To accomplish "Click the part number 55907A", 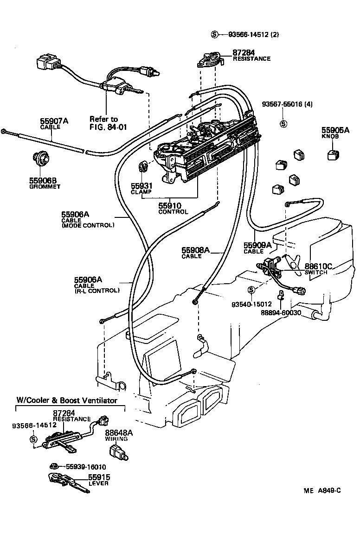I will pyautogui.click(x=54, y=121).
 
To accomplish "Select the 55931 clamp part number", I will pyautogui.click(x=142, y=185).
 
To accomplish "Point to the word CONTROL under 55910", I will pyautogui.click(x=173, y=212).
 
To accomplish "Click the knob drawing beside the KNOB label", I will pyautogui.click(x=332, y=155).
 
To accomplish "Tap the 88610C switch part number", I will pyautogui.click(x=319, y=267).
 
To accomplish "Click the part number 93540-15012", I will pyautogui.click(x=251, y=304).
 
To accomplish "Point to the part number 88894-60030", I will pyautogui.click(x=281, y=312).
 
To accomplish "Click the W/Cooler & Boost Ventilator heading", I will pyautogui.click(x=67, y=400).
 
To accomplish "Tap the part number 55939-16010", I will pyautogui.click(x=85, y=467).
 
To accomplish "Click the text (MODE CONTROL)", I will pyautogui.click(x=88, y=225).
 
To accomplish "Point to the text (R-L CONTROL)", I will pyautogui.click(x=96, y=291).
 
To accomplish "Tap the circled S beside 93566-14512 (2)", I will pyautogui.click(x=215, y=35).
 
